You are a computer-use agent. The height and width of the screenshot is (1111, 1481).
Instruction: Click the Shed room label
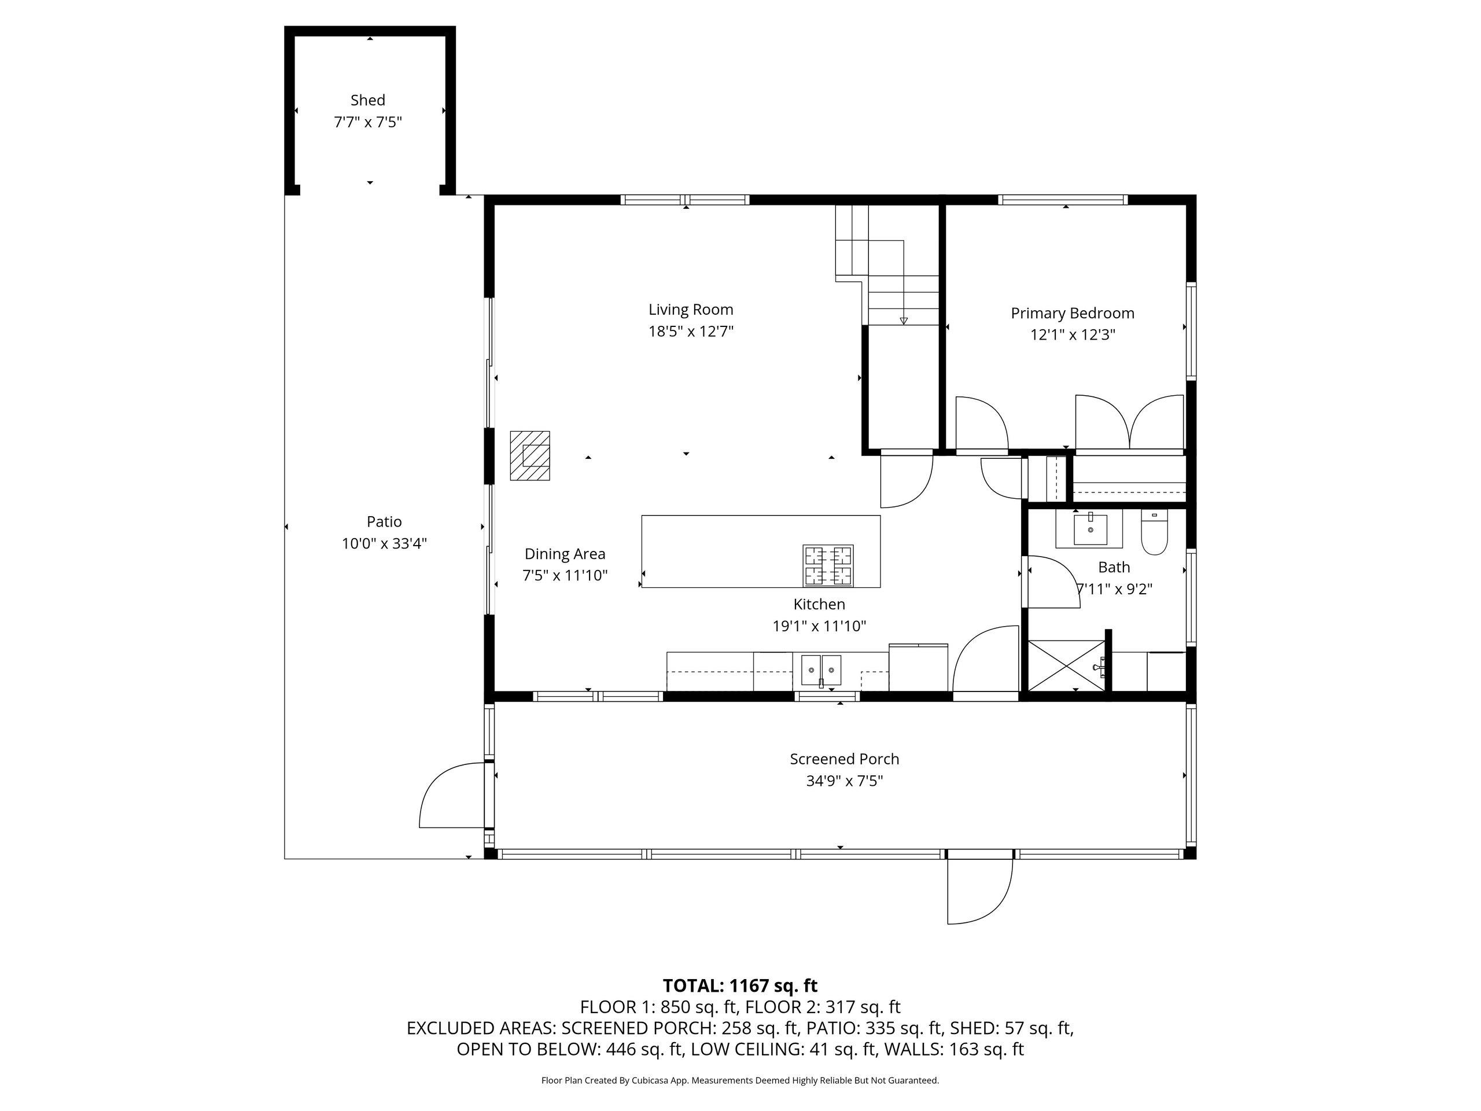[x=367, y=100]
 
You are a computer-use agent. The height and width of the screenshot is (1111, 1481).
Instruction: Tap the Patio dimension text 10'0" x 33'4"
[x=384, y=543]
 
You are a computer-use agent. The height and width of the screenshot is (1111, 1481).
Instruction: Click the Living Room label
[x=691, y=310]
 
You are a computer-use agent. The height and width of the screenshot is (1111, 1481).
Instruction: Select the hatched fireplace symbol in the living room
[x=529, y=455]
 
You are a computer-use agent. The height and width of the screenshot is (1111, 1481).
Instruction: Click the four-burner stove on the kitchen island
[x=828, y=566]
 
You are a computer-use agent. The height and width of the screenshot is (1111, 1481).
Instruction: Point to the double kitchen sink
[x=821, y=670]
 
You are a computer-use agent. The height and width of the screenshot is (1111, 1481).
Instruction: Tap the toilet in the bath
[x=1154, y=532]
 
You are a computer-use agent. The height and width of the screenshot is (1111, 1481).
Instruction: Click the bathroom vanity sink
[x=1091, y=529]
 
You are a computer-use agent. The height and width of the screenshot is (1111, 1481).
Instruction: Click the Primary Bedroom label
[x=1073, y=312]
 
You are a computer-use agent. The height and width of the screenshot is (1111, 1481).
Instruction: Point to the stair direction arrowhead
[x=904, y=321]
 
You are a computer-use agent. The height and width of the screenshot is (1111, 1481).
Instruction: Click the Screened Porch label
[x=844, y=759]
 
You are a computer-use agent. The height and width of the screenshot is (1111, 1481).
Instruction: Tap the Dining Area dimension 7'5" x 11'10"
[x=565, y=575]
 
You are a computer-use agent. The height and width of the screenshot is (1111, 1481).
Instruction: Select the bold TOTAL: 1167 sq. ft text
[x=740, y=986]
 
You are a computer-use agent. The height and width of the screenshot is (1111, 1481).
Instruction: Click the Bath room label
[x=1114, y=567]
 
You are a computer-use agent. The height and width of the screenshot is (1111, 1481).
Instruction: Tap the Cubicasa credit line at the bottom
[x=740, y=1080]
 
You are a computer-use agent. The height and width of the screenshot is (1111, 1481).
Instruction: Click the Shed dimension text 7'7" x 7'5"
[x=367, y=122]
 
